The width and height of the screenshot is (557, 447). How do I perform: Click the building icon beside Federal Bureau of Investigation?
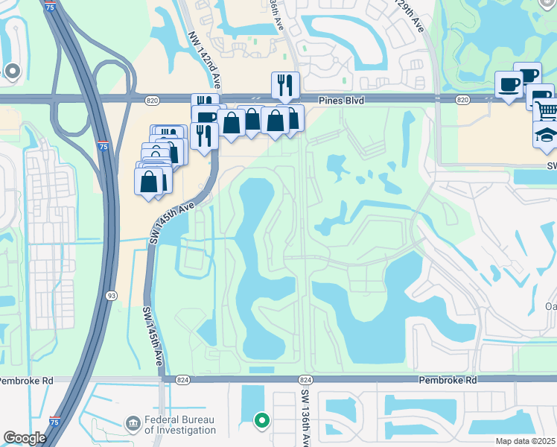coord(133,424)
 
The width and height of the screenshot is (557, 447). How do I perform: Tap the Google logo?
coord(25,438)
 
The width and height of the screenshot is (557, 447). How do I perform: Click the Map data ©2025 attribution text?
coord(526,441)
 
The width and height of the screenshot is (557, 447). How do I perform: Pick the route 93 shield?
coord(109,295)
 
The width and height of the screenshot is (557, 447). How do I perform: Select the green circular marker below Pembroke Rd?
coord(261,421)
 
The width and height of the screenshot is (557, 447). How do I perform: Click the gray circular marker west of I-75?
coord(12,72)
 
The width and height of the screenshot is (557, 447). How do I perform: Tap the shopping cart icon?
coord(546,110)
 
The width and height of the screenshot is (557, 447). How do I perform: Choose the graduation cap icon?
coord(546,135)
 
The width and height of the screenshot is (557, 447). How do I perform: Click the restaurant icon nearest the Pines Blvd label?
coord(285,86)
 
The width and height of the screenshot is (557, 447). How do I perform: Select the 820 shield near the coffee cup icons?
coord(462,99)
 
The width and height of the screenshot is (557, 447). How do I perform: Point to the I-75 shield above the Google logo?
coord(55,422)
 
